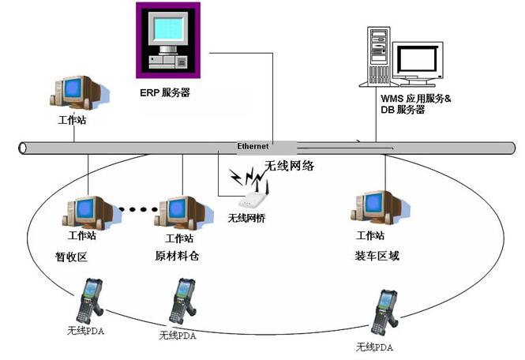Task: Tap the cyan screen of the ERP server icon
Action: pyautogui.click(x=168, y=29)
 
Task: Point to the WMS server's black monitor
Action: pyautogui.click(x=420, y=60)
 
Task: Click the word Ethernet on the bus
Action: pyautogui.click(x=253, y=146)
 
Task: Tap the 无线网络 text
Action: pyautogui.click(x=289, y=166)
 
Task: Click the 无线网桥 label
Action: pyautogui.click(x=246, y=218)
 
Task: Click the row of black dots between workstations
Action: pyautogui.click(x=137, y=210)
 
